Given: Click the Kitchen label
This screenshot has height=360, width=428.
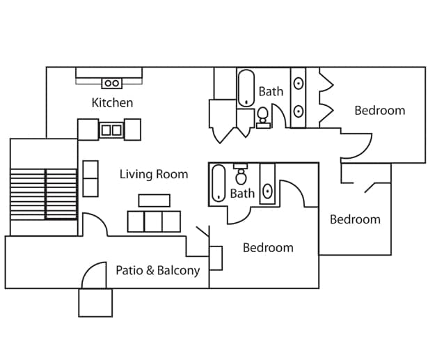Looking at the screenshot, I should pos(112,103).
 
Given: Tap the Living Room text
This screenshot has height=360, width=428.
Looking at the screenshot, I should pos(153,174).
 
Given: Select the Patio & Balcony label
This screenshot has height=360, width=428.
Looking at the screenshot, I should pos(157,270).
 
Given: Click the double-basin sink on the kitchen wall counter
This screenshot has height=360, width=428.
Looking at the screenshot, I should pos(111,84).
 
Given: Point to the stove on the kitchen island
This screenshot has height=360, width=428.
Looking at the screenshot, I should pos(111,130).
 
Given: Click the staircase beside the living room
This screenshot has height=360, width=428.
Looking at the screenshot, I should pos(43,194).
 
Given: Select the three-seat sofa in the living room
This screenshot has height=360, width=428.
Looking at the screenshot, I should pos(154,221).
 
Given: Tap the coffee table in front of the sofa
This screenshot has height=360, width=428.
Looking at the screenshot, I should pos(154,201).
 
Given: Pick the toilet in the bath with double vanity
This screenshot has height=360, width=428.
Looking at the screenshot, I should pos(264,116).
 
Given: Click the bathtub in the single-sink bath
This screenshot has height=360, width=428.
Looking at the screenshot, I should pos(219,182).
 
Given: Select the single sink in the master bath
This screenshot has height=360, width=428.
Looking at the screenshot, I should pos(267,191).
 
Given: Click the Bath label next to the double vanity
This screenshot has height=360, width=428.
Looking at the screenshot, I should pos(271,91).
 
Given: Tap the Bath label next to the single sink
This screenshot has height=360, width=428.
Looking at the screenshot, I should pos(242,194).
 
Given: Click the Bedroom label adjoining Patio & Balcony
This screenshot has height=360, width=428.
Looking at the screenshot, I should pos(267,247).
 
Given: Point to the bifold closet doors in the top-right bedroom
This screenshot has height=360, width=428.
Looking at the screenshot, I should pos(326,97).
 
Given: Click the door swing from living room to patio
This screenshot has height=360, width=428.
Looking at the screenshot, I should pos(95,225).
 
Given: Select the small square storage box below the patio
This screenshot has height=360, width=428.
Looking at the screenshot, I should pos(95,302).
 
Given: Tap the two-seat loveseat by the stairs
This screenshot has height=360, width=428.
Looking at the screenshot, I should pos(90,178).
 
